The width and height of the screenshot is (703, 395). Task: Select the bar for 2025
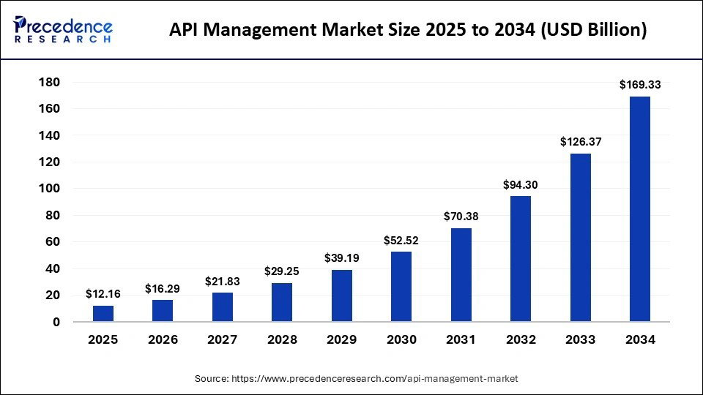coord(103,313)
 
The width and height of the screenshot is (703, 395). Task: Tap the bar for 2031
coord(461,274)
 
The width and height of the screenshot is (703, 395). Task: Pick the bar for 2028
coord(282,302)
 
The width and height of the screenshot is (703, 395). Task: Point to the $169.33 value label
coord(640,85)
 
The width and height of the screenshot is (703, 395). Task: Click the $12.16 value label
coord(103,294)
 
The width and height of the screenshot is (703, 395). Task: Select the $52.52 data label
coord(401,240)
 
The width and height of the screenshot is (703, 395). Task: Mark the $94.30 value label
coord(520,185)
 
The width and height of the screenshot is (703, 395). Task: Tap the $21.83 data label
coord(223,281)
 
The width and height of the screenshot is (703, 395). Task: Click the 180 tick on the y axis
coord(50,82)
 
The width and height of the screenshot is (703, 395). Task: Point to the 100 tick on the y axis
coord(50,189)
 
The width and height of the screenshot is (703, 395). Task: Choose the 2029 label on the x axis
coord(342,339)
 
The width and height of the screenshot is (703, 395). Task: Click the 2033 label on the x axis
coord(580,339)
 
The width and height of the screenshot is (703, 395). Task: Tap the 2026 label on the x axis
coord(163,339)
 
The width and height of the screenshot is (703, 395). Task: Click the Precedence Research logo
coord(64,29)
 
